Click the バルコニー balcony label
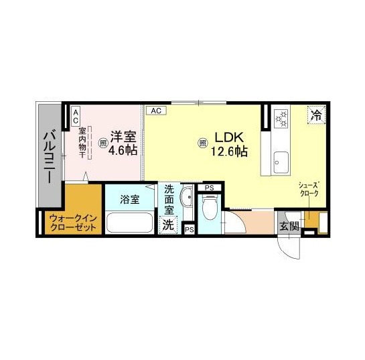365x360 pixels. click(50, 157)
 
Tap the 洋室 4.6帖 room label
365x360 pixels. click(123, 143)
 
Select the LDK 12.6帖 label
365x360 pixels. click(229, 144)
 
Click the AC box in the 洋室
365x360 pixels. click(76, 117)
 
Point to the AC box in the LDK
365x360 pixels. click(156, 111)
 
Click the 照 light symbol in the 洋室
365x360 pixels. click(102, 143)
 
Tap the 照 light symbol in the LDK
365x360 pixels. click(203, 143)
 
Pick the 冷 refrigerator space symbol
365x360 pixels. click(316, 115)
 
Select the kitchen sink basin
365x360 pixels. click(281, 162)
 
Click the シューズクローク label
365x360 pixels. click(309, 189)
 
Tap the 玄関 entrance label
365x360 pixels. click(289, 225)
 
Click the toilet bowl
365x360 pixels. click(210, 207)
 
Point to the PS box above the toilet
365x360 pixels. click(209, 188)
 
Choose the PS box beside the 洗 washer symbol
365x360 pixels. click(190, 229)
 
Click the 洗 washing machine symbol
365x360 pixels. click(168, 225)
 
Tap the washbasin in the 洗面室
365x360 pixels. click(188, 197)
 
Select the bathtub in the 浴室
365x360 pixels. click(129, 223)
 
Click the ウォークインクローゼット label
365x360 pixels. click(73, 223)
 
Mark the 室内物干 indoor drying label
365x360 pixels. click(82, 143)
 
